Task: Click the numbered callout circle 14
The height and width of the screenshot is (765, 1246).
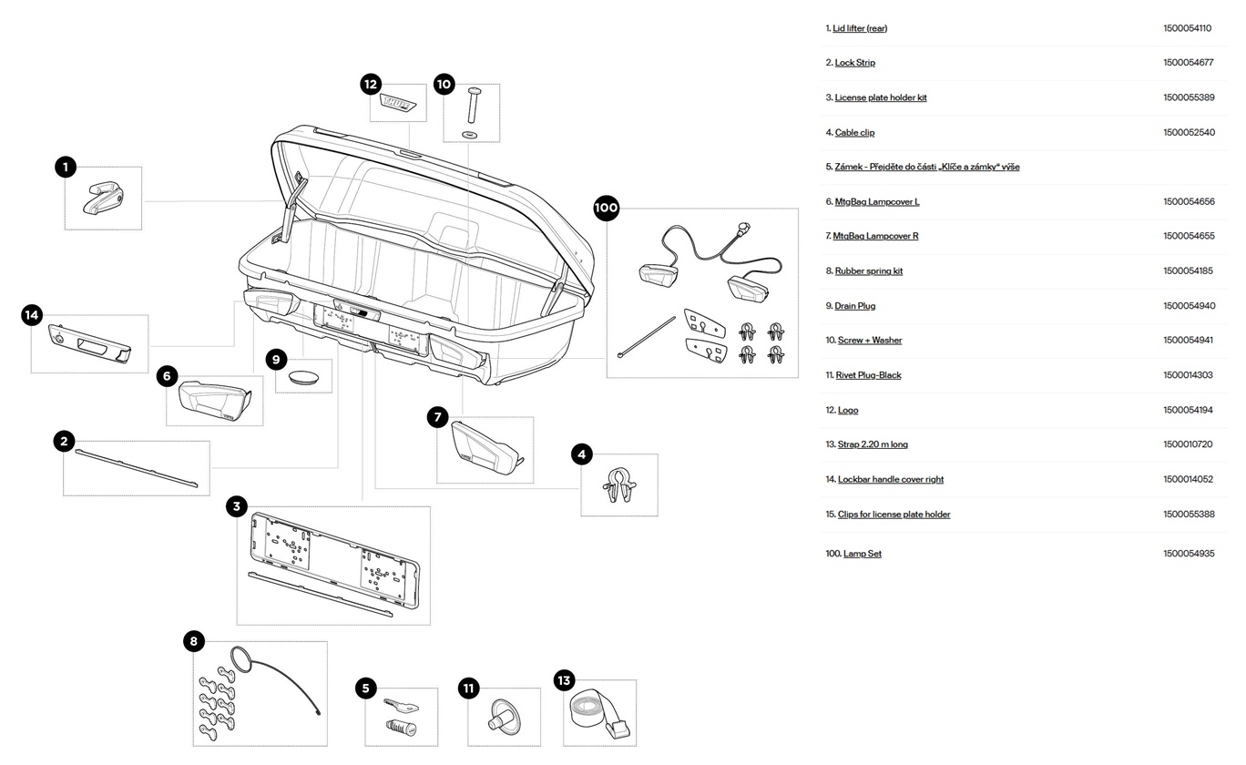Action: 32,315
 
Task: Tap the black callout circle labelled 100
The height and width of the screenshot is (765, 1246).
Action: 606,208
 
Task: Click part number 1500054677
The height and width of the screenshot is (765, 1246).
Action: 1189,63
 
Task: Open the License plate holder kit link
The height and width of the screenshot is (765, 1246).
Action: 881,97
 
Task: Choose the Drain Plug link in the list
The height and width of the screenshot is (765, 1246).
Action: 854,306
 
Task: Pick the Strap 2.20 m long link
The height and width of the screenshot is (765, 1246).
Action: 873,444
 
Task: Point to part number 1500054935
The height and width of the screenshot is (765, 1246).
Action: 1189,554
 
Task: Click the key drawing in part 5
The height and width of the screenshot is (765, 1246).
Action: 400,705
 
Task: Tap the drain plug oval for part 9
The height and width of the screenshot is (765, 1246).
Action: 304,375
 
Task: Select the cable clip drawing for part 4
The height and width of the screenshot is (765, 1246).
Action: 618,484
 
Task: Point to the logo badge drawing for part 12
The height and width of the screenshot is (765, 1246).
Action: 399,104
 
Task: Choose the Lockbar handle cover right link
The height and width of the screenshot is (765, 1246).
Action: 891,479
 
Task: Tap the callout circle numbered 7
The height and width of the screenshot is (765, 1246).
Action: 438,417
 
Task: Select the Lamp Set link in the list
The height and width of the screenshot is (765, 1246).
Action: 862,554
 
